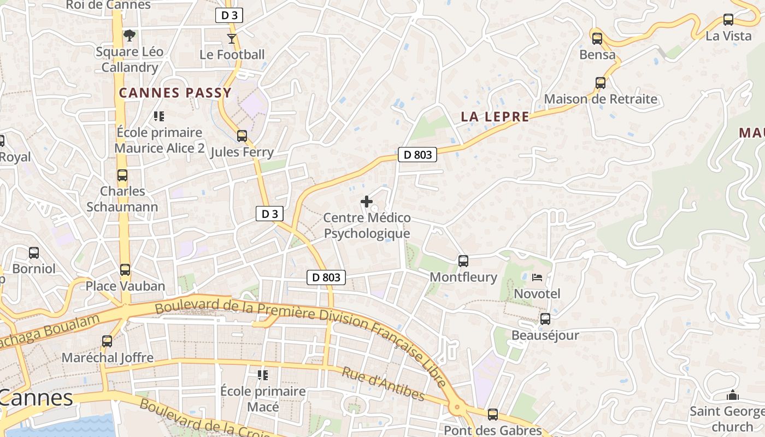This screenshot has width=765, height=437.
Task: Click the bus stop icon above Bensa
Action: point(597,39)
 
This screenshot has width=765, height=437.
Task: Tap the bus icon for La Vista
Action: point(728,20)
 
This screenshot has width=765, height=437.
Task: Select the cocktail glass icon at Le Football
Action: point(232,38)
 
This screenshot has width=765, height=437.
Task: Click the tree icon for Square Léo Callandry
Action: point(130,36)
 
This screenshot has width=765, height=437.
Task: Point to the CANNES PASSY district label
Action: point(175,93)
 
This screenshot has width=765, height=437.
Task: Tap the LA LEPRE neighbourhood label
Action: point(495,117)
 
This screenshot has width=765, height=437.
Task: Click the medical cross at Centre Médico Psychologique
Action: point(367,202)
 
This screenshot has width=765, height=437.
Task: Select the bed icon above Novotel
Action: point(537,277)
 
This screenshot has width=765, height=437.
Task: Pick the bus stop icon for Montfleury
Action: point(463,261)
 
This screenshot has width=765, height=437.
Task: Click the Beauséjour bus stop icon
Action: point(545,319)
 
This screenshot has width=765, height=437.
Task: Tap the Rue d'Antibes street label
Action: point(383,384)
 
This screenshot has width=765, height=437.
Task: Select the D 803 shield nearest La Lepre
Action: point(417,155)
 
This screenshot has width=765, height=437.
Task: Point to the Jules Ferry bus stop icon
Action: point(242,136)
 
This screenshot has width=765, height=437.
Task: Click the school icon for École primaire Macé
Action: point(262,375)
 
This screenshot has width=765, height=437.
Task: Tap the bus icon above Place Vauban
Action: point(125,270)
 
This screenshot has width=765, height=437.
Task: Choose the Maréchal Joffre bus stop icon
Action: point(107,341)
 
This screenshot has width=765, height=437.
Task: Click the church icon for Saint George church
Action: point(732,395)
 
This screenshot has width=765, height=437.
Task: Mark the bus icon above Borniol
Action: point(34,253)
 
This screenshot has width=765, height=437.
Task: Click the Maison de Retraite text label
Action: point(601,99)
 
